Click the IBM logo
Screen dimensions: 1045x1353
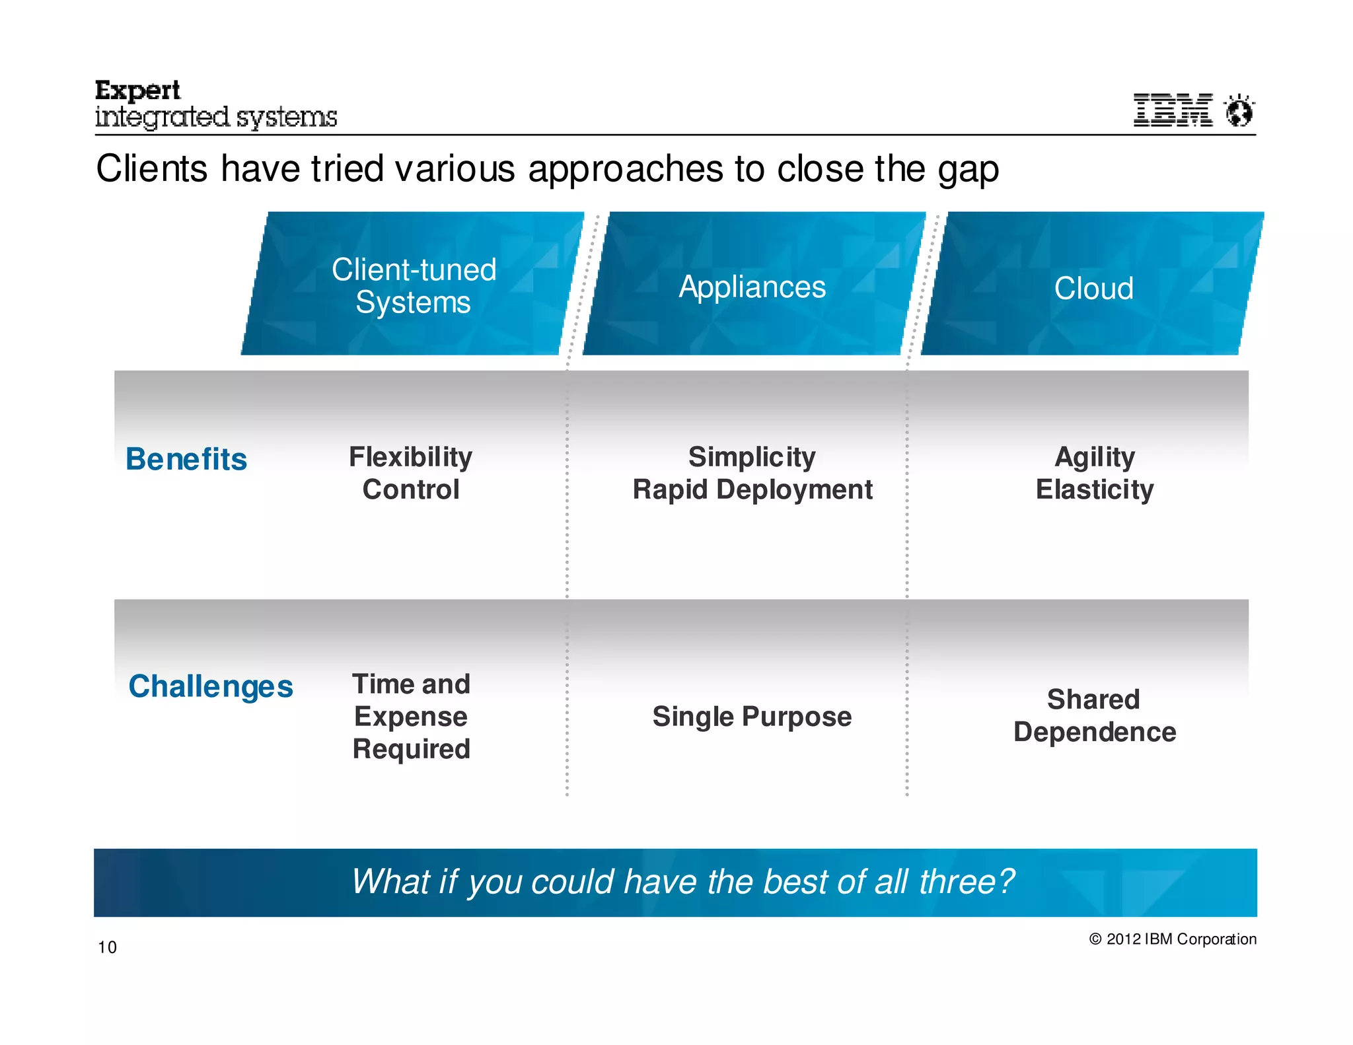tap(1173, 110)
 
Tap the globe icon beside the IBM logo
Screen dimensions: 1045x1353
tap(1239, 110)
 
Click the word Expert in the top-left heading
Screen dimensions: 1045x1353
tap(137, 90)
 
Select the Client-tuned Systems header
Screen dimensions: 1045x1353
tap(414, 285)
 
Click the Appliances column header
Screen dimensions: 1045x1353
tap(752, 287)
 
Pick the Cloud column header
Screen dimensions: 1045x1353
tap(1093, 288)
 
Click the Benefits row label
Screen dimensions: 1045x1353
tap(186, 459)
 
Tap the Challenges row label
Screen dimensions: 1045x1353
tap(211, 686)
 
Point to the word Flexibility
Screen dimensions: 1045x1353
tap(410, 456)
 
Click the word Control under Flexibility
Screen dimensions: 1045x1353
tap(410, 489)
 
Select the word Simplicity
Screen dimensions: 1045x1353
tap(752, 456)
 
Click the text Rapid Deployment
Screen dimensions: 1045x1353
tap(752, 489)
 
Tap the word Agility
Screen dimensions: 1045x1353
tap(1094, 456)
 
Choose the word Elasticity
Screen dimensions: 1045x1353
tap(1094, 489)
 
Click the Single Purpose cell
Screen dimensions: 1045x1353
tap(752, 717)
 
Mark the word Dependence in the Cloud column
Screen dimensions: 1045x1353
tap(1095, 732)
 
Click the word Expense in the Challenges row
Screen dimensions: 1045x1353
tap(410, 717)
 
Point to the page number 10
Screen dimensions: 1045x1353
tap(107, 947)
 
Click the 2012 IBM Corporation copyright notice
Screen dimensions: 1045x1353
tap(1173, 939)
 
